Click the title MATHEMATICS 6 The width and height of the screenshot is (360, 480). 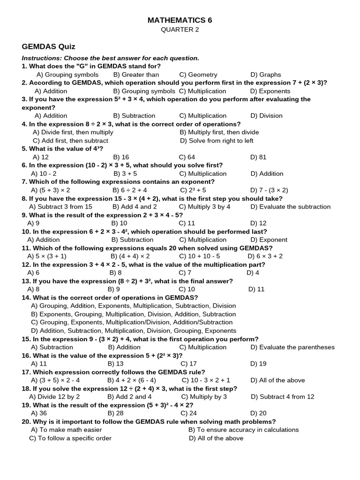180,20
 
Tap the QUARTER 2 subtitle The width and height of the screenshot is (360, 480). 180,30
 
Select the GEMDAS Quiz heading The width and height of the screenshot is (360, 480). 49,47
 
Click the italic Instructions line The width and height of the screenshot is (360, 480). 111,58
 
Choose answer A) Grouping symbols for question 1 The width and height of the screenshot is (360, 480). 67,75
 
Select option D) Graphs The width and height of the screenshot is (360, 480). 266,75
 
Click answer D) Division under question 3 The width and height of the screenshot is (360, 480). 268,116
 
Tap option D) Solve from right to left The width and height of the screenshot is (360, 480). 217,141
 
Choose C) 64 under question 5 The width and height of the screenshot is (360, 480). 187,157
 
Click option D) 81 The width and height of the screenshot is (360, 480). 258,157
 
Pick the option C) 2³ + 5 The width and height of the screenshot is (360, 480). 193,190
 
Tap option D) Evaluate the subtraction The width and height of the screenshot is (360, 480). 290,207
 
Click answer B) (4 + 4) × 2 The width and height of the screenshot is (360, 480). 130,256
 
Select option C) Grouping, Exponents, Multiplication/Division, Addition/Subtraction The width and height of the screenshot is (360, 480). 132,322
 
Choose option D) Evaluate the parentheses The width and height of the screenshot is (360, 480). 292,347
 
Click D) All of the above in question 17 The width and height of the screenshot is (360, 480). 277,380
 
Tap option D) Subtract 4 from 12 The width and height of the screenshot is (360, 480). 283,397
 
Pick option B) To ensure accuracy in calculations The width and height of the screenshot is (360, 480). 243,430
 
